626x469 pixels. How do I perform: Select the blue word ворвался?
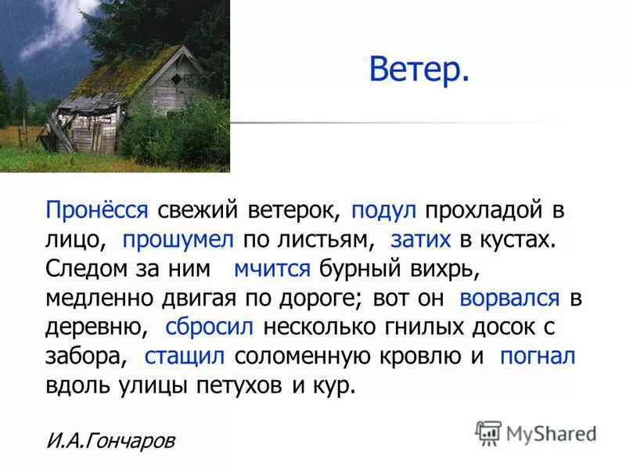[510, 298]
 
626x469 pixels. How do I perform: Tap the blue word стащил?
[185, 356]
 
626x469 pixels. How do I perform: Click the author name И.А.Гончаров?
[110, 441]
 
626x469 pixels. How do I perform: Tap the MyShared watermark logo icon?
[488, 432]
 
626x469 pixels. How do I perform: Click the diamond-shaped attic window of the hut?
[177, 78]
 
